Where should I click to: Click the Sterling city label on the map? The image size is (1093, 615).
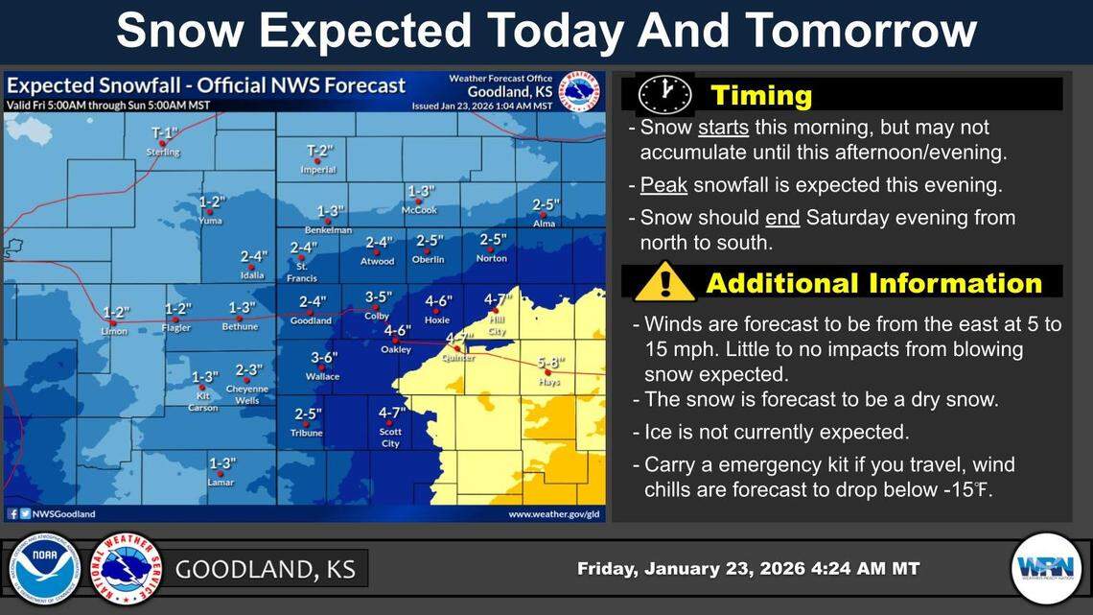coord(163,153)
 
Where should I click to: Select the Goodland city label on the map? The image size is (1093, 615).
coord(311,320)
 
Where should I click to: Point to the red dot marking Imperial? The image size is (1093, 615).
coord(318,160)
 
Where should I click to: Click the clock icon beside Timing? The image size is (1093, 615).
coord(664,95)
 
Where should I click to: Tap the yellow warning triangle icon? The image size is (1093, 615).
coord(664,283)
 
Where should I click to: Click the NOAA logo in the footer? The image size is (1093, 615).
coord(44,568)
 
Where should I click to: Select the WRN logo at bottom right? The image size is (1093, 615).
coord(1045,568)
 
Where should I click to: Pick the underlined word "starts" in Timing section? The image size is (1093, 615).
coord(723,128)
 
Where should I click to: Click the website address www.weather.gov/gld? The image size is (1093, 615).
coord(553,514)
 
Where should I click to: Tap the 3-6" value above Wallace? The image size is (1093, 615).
coord(324,358)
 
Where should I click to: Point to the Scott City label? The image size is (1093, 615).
coord(390,438)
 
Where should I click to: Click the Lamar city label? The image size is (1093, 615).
coord(221,482)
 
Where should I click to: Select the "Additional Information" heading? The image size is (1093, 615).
coord(873,283)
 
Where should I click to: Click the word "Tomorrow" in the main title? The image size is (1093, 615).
coord(859,32)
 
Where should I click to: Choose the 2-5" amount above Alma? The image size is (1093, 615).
coord(546,204)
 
